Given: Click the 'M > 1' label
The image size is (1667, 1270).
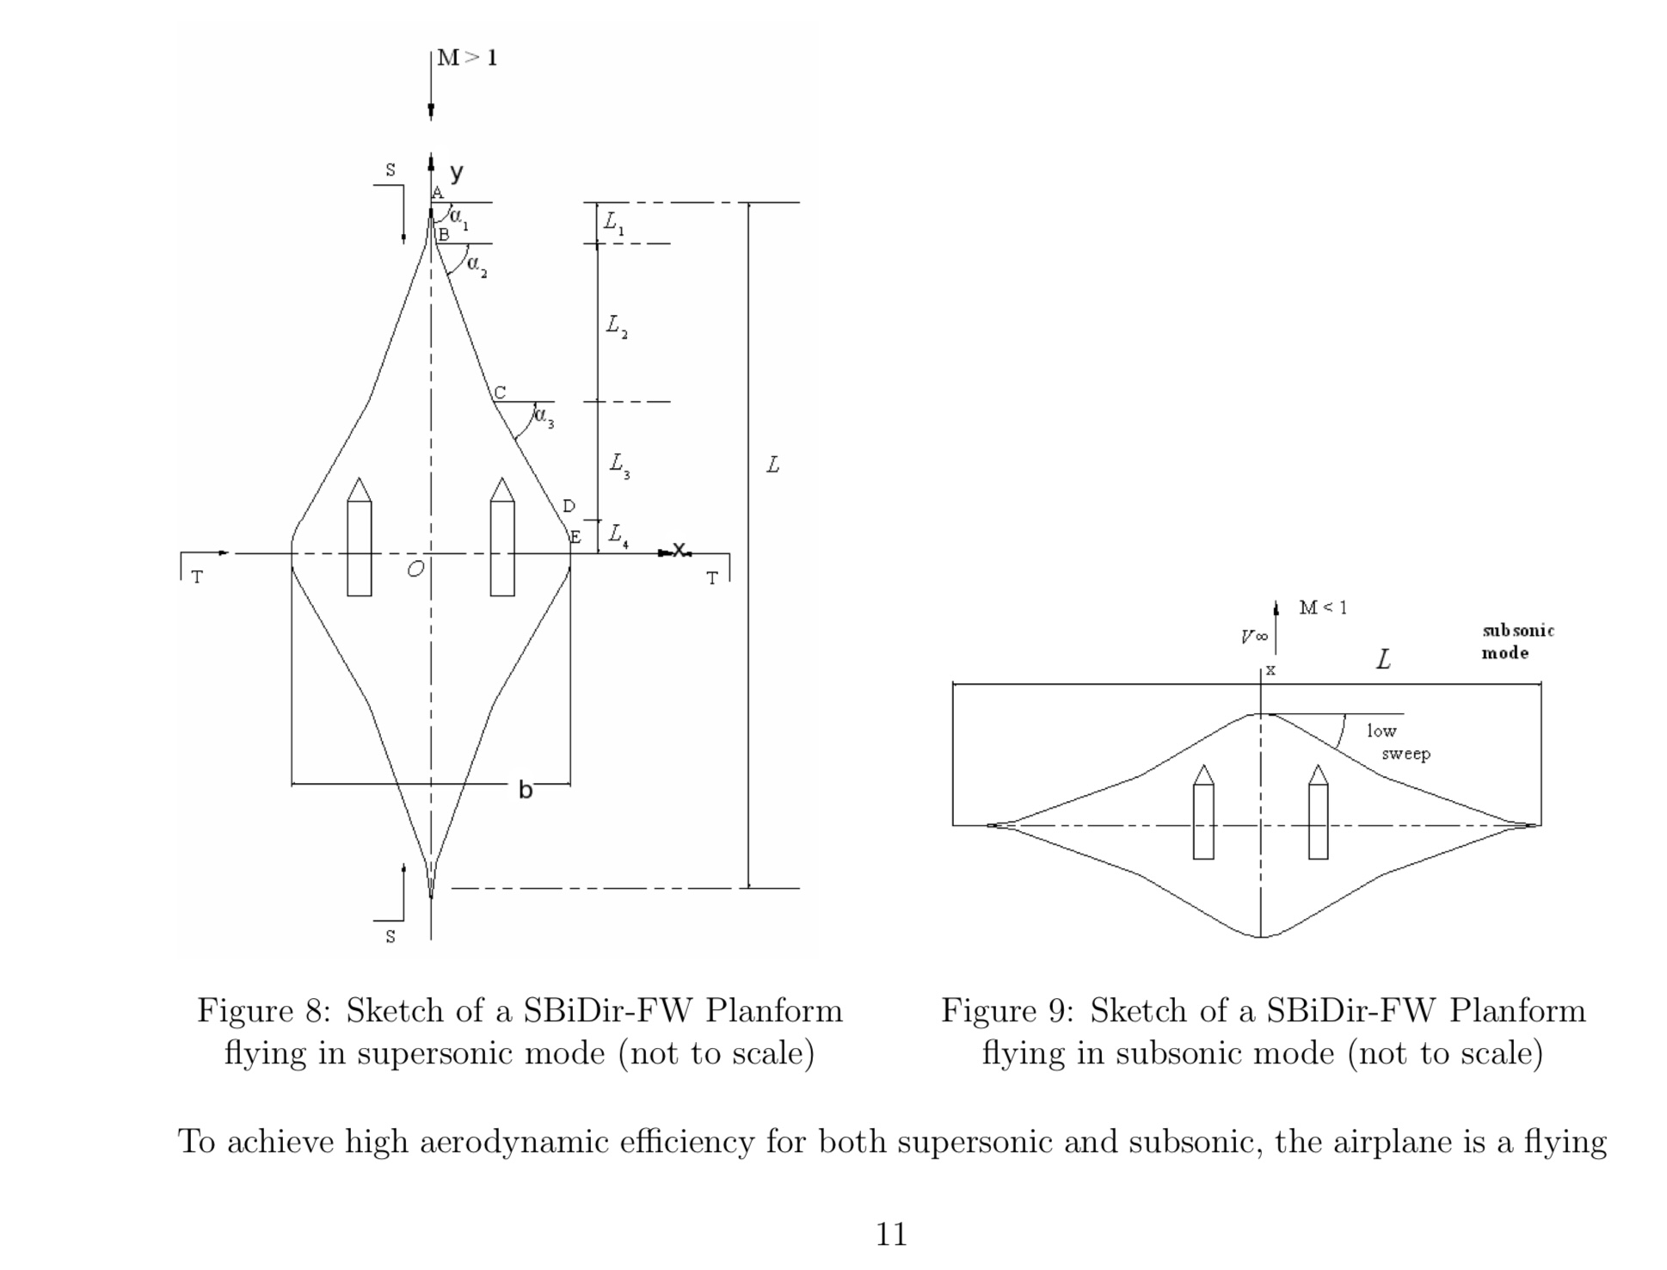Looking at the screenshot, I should coord(467,58).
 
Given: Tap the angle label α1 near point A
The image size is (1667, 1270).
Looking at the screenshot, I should coord(459,217).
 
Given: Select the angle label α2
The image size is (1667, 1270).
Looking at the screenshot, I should coord(477,266).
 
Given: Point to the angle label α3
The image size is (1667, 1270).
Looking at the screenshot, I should coord(544,417).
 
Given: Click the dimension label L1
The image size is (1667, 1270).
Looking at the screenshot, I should coord(613,223).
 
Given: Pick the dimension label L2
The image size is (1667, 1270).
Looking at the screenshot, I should coord(616,326).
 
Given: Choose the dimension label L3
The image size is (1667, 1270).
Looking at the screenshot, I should coord(619,465).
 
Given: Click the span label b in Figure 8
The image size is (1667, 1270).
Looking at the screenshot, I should coord(526,789).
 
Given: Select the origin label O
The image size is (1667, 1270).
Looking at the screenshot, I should coord(415,569).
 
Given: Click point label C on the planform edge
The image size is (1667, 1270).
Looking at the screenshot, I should coord(500,392).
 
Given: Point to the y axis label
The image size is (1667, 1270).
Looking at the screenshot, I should coord(456,172).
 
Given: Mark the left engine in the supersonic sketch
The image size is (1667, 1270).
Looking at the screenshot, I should coord(360,538).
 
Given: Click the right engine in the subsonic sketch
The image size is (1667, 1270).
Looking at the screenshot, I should coord(1318,813).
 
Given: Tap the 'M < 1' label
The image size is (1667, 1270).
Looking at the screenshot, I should coord(1323,608).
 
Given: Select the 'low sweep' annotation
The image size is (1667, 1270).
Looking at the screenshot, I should coord(1397,742).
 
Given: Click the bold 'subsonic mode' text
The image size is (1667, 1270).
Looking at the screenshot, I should coord(1517,641).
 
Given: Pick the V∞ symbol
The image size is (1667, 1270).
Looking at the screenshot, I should coord(1253,637).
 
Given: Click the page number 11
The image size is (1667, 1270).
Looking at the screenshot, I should coord(891,1235).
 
